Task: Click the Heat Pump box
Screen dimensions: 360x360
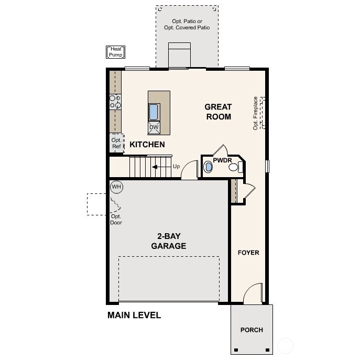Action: tap(116, 52)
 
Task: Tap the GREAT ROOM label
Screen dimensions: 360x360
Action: tap(218, 112)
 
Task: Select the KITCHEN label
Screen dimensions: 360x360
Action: tap(147, 145)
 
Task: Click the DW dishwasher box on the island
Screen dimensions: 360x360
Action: tap(154, 127)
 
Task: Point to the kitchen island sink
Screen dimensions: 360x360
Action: tap(154, 112)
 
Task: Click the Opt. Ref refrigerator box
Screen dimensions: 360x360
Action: tap(116, 143)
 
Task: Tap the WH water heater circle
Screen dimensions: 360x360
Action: tap(116, 187)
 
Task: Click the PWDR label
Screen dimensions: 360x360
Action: tap(222, 160)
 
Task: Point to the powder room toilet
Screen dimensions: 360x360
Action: tap(238, 167)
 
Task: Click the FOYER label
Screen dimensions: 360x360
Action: tap(248, 253)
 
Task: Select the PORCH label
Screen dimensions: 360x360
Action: tap(252, 330)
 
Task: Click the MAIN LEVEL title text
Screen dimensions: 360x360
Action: tap(134, 315)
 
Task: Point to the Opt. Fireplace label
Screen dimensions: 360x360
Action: tap(256, 113)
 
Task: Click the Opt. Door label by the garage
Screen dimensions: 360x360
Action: tap(116, 219)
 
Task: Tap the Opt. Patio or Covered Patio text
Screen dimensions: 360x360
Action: tap(187, 24)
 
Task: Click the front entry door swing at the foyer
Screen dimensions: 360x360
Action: tap(253, 293)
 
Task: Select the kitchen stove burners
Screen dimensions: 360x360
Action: tap(115, 102)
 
